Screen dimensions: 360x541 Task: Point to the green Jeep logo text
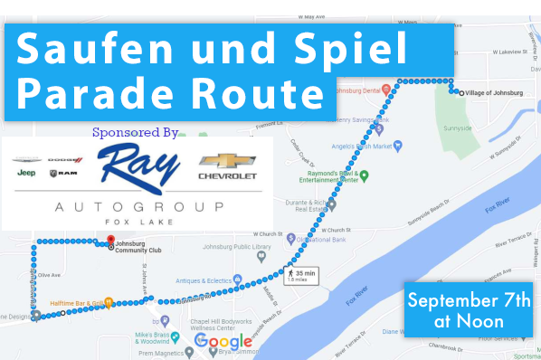26,173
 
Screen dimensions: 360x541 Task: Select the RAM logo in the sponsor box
63,172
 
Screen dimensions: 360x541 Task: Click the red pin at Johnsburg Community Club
110,241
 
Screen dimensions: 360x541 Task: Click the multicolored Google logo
223,342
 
